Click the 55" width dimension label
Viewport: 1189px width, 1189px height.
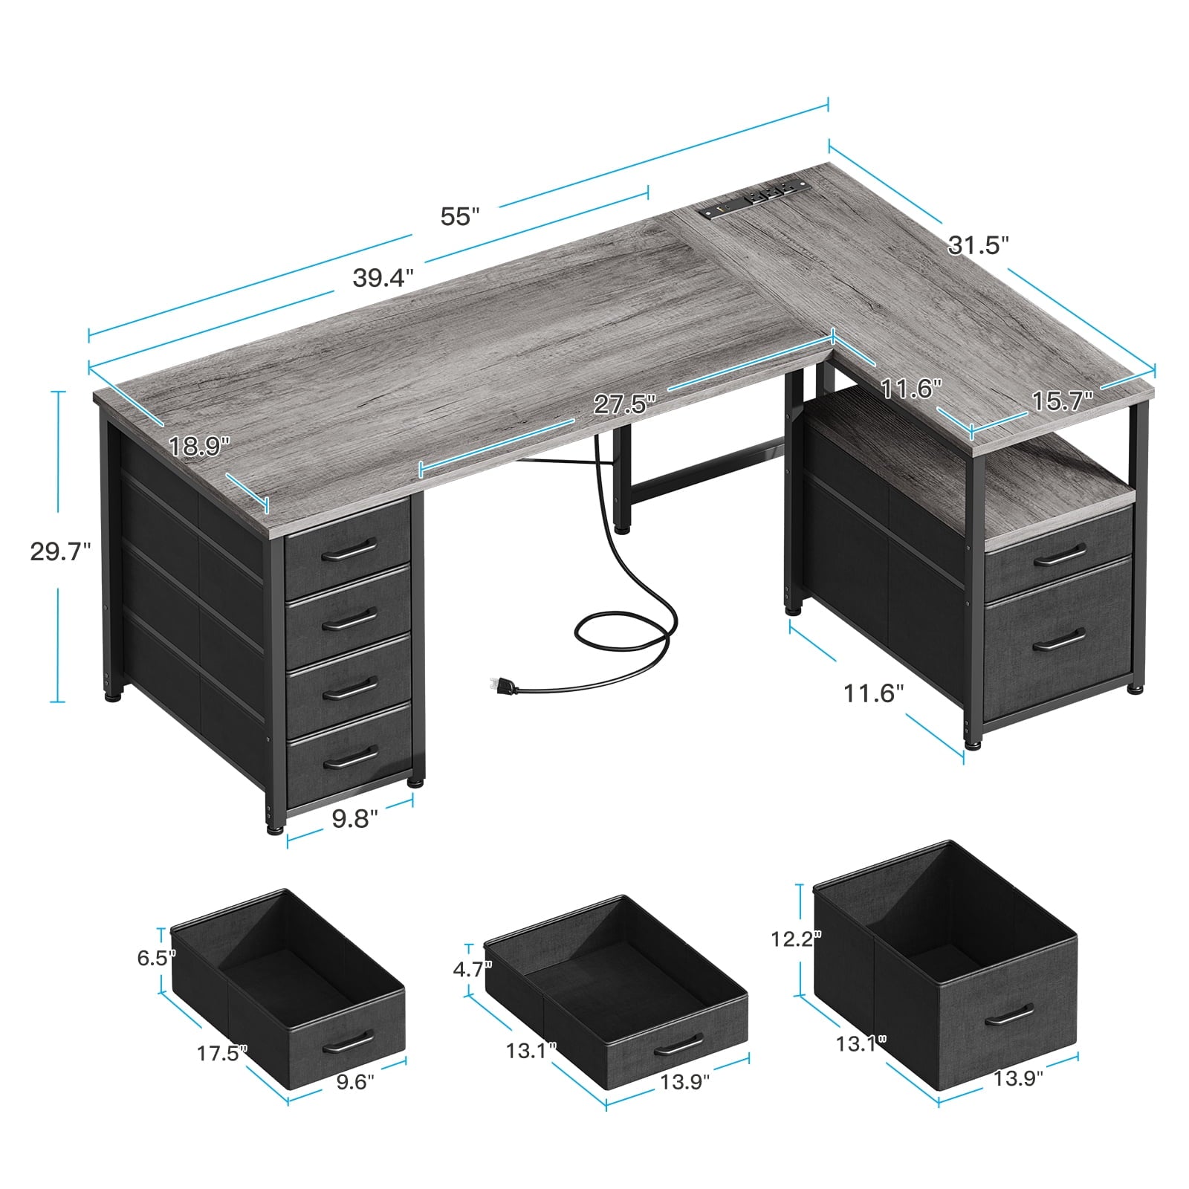click(460, 217)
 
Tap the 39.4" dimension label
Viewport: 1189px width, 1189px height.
click(383, 278)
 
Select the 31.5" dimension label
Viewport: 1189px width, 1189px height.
click(979, 244)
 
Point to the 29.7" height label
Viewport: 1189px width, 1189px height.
click(60, 551)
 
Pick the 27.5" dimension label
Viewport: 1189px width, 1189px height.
click(625, 404)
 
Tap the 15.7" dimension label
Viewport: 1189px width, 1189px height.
click(1062, 401)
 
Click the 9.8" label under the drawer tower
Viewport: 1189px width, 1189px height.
click(355, 819)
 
